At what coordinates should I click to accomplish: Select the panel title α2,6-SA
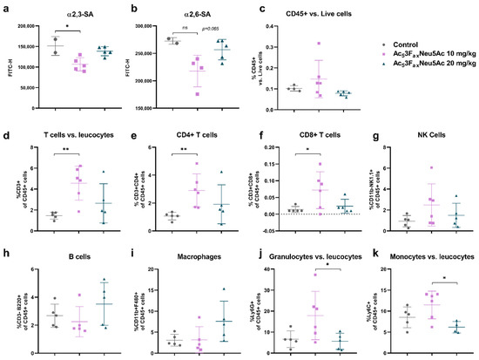click(x=205, y=14)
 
